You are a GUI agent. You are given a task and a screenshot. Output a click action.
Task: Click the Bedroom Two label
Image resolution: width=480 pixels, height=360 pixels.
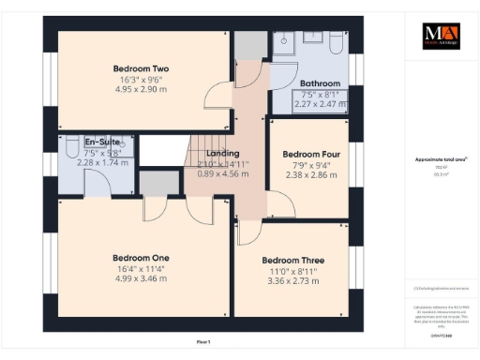pyautogui.click(x=141, y=68)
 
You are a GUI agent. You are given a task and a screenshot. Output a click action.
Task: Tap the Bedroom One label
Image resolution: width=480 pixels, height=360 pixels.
pyautogui.click(x=141, y=258)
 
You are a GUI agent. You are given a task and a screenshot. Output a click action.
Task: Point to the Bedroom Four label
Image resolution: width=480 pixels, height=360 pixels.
pyautogui.click(x=310, y=154)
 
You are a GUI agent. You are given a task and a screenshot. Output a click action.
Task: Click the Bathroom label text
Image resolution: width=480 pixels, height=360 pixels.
pyautogui.click(x=320, y=83)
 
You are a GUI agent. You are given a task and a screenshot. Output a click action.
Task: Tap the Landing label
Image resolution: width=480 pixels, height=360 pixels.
pyautogui.click(x=223, y=153)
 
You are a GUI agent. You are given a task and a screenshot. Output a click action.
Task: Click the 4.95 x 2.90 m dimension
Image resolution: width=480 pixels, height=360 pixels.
pyautogui.click(x=141, y=91)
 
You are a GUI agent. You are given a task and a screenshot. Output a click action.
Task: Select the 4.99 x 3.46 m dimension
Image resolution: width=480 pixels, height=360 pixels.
pyautogui.click(x=141, y=280)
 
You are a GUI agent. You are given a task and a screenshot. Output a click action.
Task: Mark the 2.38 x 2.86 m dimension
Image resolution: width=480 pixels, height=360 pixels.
pyautogui.click(x=310, y=175)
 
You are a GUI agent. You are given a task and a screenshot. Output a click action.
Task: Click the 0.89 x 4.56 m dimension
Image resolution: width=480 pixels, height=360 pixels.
pyautogui.click(x=223, y=173)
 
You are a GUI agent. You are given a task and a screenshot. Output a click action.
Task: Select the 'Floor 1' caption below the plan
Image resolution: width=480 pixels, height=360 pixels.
pyautogui.click(x=203, y=343)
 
